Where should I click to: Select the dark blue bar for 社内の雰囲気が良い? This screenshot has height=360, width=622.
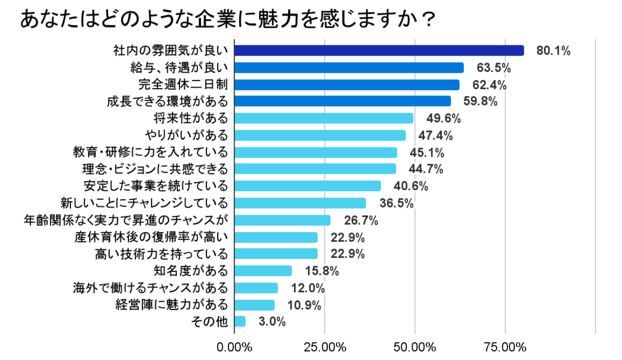[x=379, y=50]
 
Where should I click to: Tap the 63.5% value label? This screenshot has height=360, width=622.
[x=493, y=68]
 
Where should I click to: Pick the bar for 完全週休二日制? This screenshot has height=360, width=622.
[x=347, y=85]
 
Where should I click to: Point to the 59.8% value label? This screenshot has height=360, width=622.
[x=480, y=101]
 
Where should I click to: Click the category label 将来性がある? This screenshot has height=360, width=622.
[x=191, y=118]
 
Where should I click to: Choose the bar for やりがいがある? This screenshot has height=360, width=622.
[x=320, y=135]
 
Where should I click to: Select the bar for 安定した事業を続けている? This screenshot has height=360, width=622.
[x=307, y=186]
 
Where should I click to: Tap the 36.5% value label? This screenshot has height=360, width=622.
[x=396, y=203]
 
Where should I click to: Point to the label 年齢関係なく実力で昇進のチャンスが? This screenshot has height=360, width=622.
[x=125, y=220]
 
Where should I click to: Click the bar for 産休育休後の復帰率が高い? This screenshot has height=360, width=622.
[x=276, y=237]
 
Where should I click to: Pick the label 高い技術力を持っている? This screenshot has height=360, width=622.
[x=161, y=254]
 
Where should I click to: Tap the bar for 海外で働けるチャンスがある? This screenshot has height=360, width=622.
[x=256, y=288]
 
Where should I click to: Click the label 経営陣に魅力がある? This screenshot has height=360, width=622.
[x=172, y=304]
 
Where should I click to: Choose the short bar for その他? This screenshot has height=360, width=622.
[x=240, y=321]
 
